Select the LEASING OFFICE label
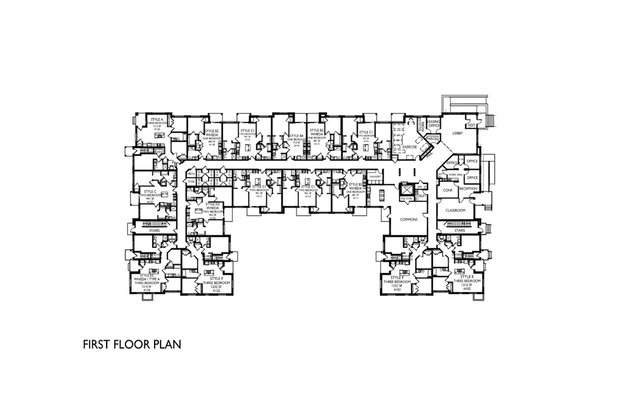coord(433,123)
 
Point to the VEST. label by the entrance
coord(471,125)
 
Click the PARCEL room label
coord(432,139)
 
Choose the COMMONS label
coord(409,219)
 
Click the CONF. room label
coord(448,189)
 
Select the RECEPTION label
coord(468,189)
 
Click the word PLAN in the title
coord(166,345)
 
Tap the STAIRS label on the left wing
coord(155,230)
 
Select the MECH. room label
coord(191,174)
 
